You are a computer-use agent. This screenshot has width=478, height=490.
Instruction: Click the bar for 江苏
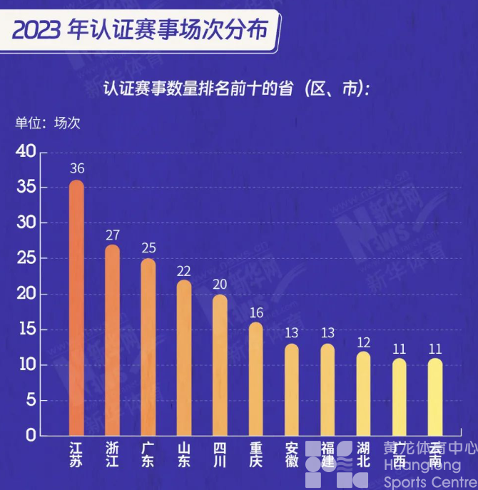(76, 307)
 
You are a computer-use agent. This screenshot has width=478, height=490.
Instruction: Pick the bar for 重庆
(255, 379)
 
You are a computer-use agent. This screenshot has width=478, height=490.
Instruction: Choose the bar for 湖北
(363, 393)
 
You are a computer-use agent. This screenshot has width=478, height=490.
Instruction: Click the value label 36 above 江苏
(76, 169)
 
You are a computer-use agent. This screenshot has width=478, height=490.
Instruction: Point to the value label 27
(112, 234)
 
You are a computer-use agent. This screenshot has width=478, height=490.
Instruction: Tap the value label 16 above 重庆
(255, 312)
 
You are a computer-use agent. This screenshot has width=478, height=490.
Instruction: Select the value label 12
(363, 341)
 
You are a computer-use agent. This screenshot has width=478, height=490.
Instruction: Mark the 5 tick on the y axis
(29, 400)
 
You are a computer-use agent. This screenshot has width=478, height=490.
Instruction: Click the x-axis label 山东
(183, 455)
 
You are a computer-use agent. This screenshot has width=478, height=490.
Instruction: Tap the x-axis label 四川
(220, 455)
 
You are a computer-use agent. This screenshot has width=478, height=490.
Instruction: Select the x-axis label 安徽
(291, 455)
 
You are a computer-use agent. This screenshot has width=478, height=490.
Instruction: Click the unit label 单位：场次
(49, 123)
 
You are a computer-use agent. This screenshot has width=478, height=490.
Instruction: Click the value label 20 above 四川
(220, 284)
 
